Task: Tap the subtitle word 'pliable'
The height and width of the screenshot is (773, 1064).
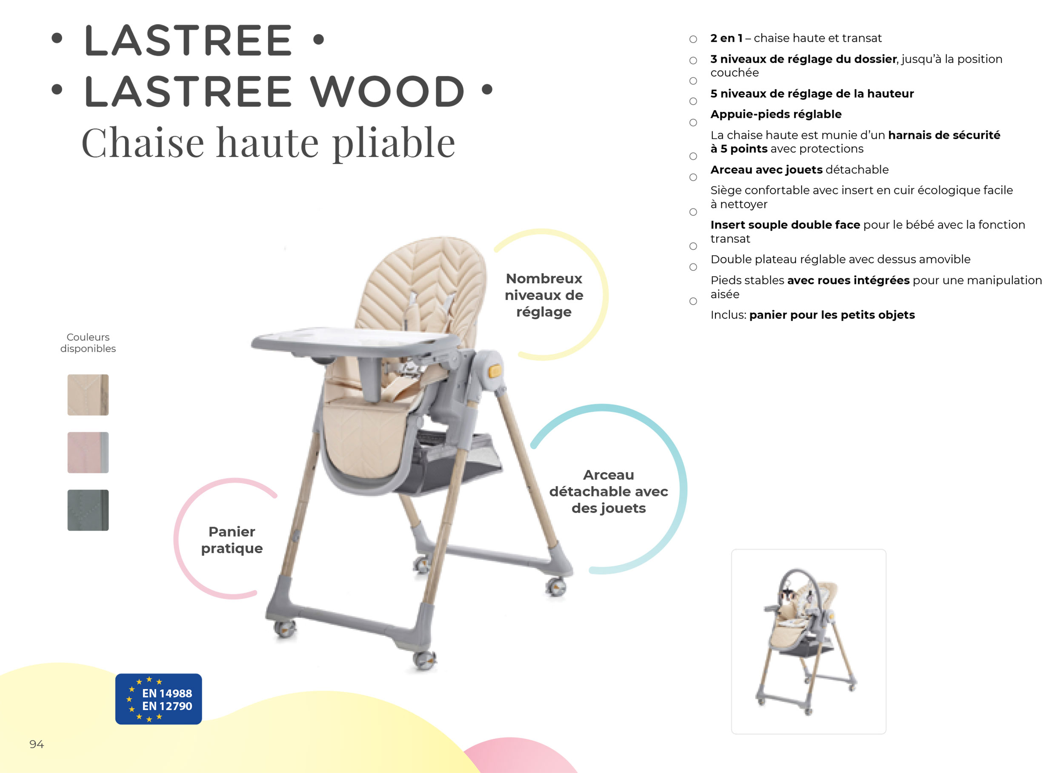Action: (x=394, y=143)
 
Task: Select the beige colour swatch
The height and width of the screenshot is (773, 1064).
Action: (x=88, y=394)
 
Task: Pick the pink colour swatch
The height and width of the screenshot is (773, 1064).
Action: (x=88, y=452)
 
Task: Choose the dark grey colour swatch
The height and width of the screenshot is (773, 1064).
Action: (x=88, y=510)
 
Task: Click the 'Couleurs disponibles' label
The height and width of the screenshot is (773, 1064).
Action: (x=88, y=343)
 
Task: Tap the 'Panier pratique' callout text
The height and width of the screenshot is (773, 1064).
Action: (x=232, y=540)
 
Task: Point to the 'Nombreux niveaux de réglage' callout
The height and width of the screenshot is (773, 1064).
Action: (x=544, y=295)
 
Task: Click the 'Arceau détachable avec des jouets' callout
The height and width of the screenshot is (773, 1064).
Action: (x=609, y=491)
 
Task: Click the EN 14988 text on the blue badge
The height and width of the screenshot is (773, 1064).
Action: (x=167, y=693)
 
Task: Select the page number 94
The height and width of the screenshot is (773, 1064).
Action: (x=37, y=744)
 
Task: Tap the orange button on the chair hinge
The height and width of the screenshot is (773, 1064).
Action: (x=495, y=371)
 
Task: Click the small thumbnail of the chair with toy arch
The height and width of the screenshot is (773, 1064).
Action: (x=808, y=641)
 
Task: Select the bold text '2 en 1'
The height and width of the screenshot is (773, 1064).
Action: (x=726, y=38)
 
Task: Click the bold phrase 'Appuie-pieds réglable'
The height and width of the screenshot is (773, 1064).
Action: (x=776, y=114)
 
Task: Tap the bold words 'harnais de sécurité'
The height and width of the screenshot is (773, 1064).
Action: (x=944, y=135)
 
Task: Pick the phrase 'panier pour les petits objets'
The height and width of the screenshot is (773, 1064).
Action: (x=832, y=315)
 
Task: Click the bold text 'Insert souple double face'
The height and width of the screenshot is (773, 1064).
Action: (x=785, y=225)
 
